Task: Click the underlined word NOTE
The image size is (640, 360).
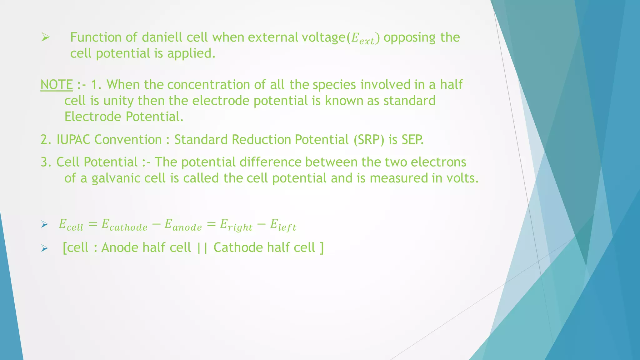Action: (x=57, y=85)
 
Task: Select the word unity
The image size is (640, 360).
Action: (x=118, y=101)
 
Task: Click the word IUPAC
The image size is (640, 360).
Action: (x=73, y=140)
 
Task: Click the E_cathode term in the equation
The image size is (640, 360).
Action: (x=124, y=225)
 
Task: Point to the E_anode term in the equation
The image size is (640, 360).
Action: (x=183, y=225)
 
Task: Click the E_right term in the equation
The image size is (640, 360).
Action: (x=236, y=225)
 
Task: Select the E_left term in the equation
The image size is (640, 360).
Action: (x=283, y=225)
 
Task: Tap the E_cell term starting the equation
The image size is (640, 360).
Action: (x=71, y=225)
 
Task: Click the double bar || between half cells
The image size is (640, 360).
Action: (x=202, y=248)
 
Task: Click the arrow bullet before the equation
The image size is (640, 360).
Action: (x=44, y=224)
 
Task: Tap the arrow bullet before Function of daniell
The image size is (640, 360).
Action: (x=46, y=38)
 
